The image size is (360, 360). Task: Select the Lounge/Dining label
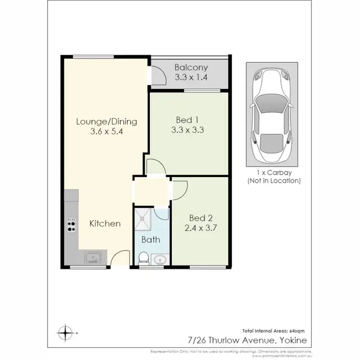pyautogui.click(x=107, y=121)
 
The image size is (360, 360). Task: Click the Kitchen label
pyautogui.click(x=106, y=224)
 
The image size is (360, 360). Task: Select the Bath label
pyautogui.click(x=151, y=240)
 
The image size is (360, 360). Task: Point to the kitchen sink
pyautogui.click(x=92, y=258)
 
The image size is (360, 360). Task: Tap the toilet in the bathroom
pyautogui.click(x=143, y=258)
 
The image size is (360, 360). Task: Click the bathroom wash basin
pyautogui.click(x=160, y=259)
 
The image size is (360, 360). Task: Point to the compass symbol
pyautogui.click(x=64, y=332)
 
